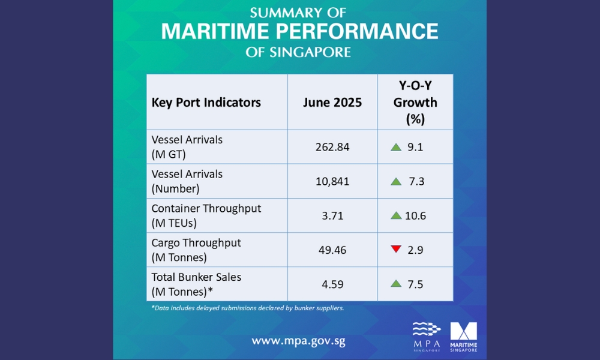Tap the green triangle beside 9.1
pos(396,147)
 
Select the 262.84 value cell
pos(332,147)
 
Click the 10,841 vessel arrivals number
pos(332,181)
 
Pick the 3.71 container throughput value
pos(332,215)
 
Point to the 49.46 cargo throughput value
pos(332,250)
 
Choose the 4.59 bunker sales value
pos(332,284)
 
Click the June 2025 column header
pos(332,102)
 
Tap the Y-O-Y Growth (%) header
pos(415,102)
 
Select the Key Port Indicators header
pos(206,102)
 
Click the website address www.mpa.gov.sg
pos(298,341)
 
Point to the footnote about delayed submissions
pos(247,308)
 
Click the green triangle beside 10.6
pos(396,215)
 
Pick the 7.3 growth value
pos(416,181)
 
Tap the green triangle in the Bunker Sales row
pos(396,284)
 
